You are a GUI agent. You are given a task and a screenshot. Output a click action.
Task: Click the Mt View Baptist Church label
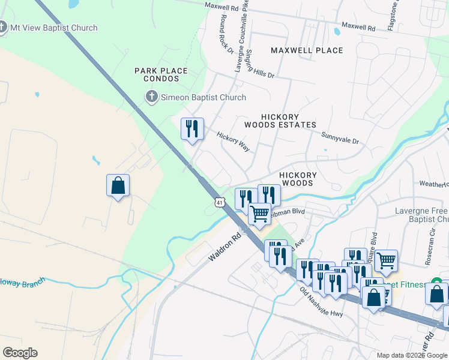click(53, 28)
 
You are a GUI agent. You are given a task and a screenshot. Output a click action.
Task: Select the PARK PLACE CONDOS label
click(161, 75)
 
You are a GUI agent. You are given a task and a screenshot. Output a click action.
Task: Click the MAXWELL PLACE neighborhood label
click(307, 50)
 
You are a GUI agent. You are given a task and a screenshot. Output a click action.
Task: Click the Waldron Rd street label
click(224, 246)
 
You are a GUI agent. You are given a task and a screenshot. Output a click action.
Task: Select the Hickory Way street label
click(233, 142)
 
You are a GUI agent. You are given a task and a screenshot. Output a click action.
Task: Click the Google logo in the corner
click(20, 353)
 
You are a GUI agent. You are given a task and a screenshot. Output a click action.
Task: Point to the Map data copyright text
click(412, 355)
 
